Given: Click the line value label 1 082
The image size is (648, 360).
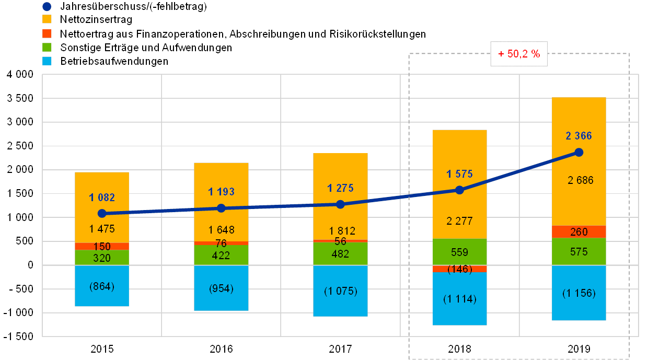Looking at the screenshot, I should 102,198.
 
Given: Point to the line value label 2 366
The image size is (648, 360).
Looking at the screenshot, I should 578,136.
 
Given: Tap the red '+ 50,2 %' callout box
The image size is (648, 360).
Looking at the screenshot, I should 518,54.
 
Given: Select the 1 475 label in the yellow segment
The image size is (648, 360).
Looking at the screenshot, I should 102,229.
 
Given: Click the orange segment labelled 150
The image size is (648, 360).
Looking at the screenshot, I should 102,246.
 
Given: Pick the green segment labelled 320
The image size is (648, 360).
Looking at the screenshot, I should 102,257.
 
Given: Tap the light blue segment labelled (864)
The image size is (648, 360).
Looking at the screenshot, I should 102,286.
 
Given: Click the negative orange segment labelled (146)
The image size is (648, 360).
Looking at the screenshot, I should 460,269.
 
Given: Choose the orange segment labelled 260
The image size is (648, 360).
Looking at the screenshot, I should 578,232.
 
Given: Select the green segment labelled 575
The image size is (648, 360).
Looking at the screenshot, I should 578,252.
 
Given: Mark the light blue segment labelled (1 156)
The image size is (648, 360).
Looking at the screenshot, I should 578,293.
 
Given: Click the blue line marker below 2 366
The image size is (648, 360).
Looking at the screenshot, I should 578,152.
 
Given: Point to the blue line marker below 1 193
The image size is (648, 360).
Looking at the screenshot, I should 221,208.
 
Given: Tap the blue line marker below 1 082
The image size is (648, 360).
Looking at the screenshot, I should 102,213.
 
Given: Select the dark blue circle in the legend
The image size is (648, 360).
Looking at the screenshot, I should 47,7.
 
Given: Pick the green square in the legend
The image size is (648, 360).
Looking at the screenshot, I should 47,48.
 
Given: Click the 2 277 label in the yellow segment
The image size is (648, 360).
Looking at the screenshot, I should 460,221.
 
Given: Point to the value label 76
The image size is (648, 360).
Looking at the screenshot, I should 221,243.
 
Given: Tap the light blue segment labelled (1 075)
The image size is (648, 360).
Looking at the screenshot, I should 340,291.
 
